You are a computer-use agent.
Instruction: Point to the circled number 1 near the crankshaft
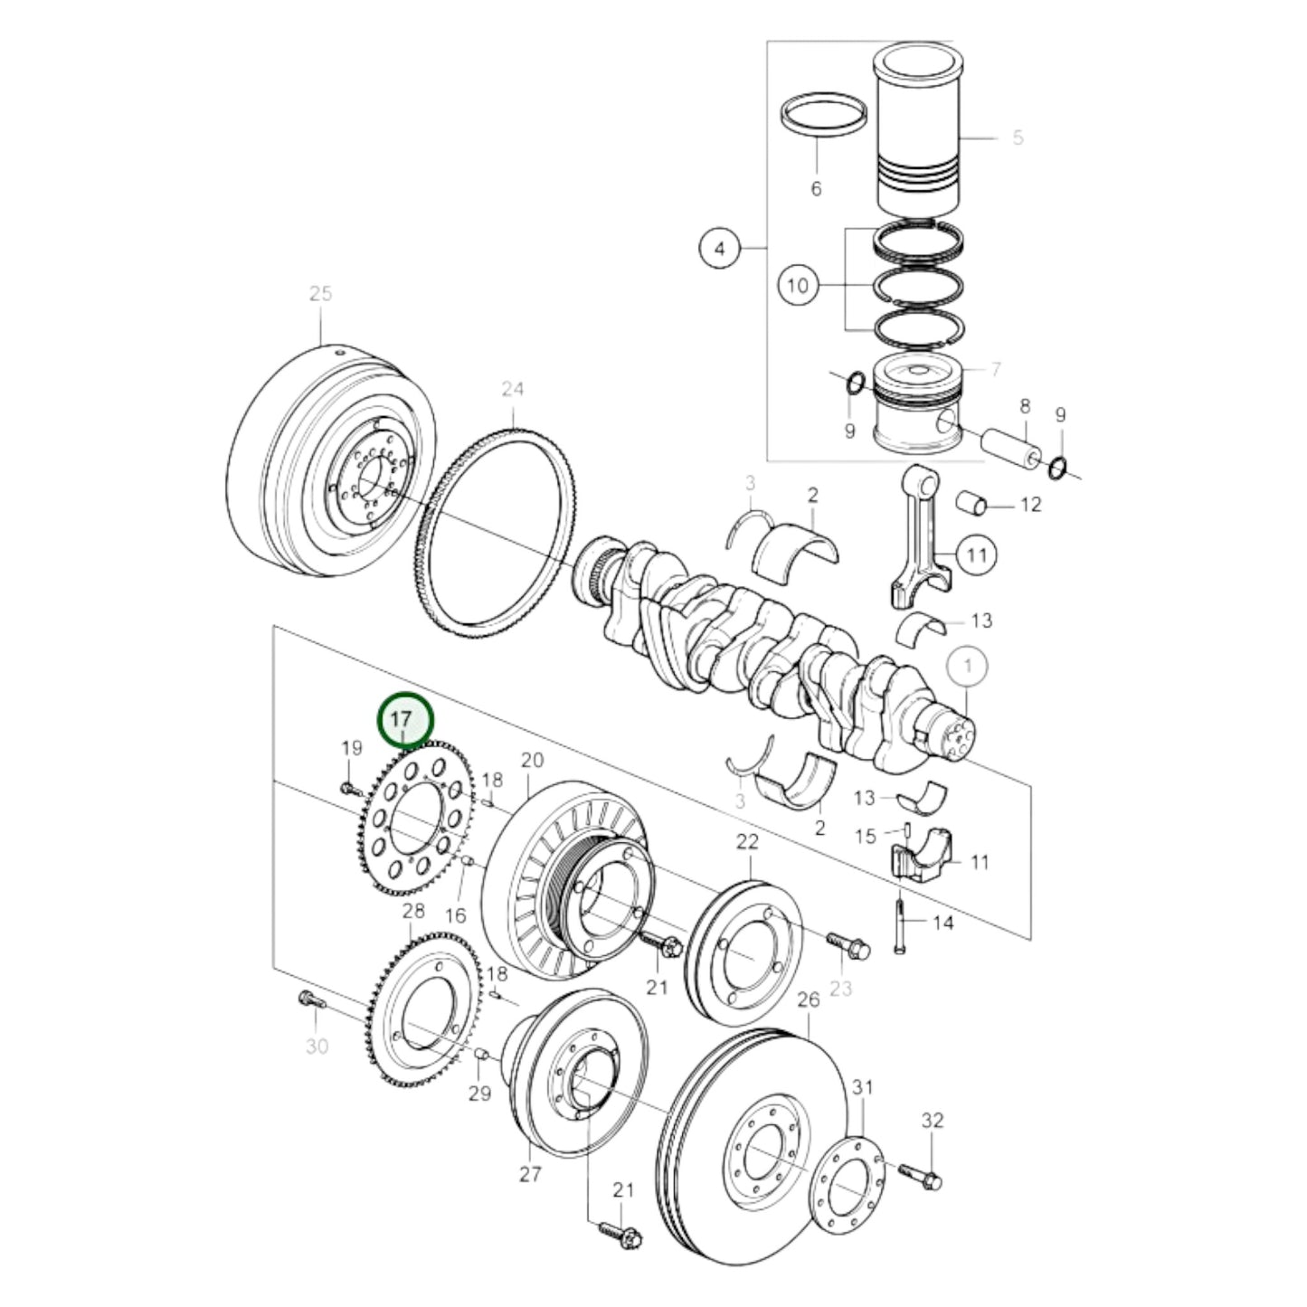pyautogui.click(x=968, y=667)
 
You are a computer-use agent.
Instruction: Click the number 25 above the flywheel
pyautogui.click(x=320, y=294)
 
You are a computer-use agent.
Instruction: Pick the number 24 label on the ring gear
pyautogui.click(x=513, y=389)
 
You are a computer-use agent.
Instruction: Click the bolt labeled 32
pyautogui.click(x=922, y=1177)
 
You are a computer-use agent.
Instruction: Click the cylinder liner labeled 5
pyautogui.click(x=917, y=136)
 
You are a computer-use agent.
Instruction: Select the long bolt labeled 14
pyautogui.click(x=903, y=923)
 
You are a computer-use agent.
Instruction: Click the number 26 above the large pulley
pyautogui.click(x=808, y=999)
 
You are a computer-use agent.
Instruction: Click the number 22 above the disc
pyautogui.click(x=747, y=842)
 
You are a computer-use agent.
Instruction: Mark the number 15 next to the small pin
pyautogui.click(x=866, y=836)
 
